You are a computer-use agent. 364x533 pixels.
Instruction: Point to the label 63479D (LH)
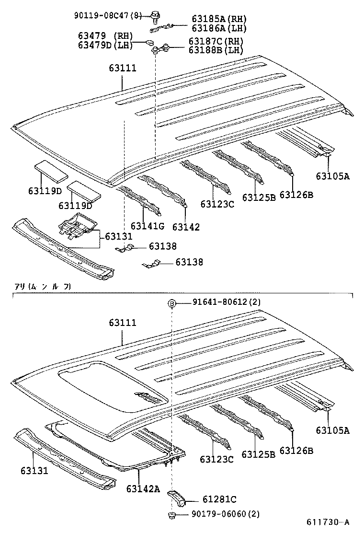pyautogui.click(x=105, y=45)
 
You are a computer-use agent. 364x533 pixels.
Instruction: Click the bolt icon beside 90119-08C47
pyautogui.click(x=156, y=18)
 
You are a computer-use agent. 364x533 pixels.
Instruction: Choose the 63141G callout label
pyautogui.click(x=147, y=226)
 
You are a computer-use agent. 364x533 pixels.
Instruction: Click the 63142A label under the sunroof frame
pyautogui.click(x=143, y=488)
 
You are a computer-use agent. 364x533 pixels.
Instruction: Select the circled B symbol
pyautogui.click(x=171, y=302)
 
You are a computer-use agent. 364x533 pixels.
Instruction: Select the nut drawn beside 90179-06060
pyautogui.click(x=171, y=515)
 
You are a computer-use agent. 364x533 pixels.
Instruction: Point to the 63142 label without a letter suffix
pyautogui.click(x=186, y=227)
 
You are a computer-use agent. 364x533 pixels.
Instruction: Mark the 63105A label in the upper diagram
pyautogui.click(x=332, y=176)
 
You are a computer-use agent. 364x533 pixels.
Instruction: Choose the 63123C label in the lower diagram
pyautogui.click(x=217, y=460)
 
